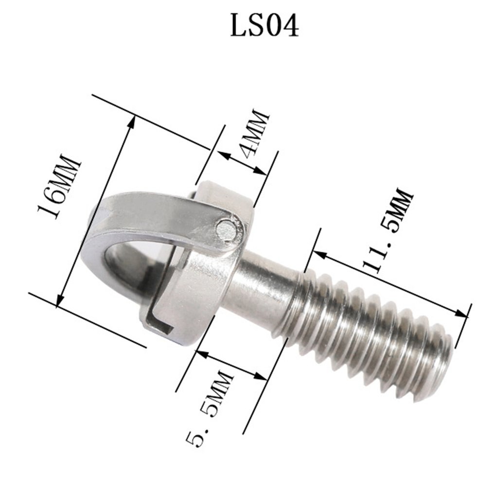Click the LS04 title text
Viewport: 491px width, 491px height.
click(x=264, y=26)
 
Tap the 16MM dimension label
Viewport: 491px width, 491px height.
click(x=59, y=187)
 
